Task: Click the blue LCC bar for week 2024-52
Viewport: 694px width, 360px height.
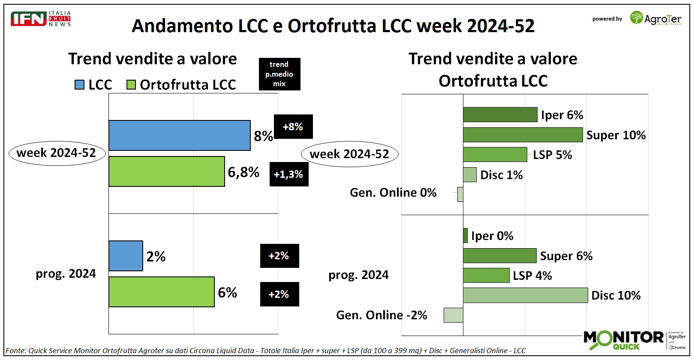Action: (x=179, y=135)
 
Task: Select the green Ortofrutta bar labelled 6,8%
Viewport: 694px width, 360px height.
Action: (x=166, y=171)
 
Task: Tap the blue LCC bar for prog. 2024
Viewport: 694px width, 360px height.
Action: (x=126, y=256)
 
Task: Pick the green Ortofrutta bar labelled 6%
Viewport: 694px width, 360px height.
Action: (x=161, y=292)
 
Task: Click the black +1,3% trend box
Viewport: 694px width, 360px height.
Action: (x=288, y=174)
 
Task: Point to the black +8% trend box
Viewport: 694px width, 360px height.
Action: (x=293, y=127)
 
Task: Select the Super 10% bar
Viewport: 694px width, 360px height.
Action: (x=523, y=135)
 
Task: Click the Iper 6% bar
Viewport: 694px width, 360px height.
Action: (x=500, y=115)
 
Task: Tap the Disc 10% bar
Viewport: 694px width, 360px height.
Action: (x=525, y=295)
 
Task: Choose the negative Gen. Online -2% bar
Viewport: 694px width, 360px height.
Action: (x=453, y=315)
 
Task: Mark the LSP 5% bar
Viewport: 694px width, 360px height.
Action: (x=495, y=155)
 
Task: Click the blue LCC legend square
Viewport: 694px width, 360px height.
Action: (x=79, y=85)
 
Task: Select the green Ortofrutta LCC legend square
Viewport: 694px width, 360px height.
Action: (x=131, y=85)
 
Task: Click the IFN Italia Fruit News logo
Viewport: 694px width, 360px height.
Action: (x=41, y=19)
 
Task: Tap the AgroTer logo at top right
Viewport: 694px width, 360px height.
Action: (x=655, y=18)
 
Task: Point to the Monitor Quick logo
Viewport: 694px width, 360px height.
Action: (x=623, y=339)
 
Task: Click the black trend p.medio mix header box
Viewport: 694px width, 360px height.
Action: (x=279, y=74)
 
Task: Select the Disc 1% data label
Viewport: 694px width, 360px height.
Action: (x=501, y=175)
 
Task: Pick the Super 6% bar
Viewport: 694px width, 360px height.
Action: (x=499, y=255)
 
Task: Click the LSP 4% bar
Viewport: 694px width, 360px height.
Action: (x=486, y=275)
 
